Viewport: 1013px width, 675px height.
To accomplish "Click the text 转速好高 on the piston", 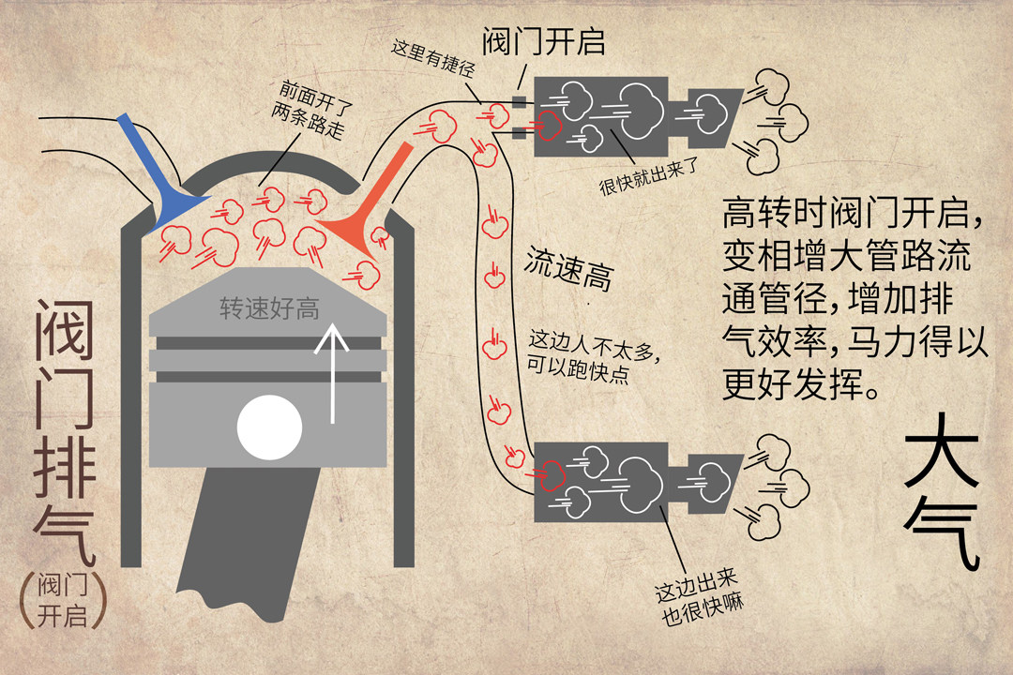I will coord(269,308).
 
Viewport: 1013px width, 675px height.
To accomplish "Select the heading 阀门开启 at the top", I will coord(544,41).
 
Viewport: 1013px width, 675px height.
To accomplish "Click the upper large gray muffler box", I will coord(600,116).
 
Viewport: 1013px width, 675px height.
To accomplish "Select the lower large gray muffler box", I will coord(600,483).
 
